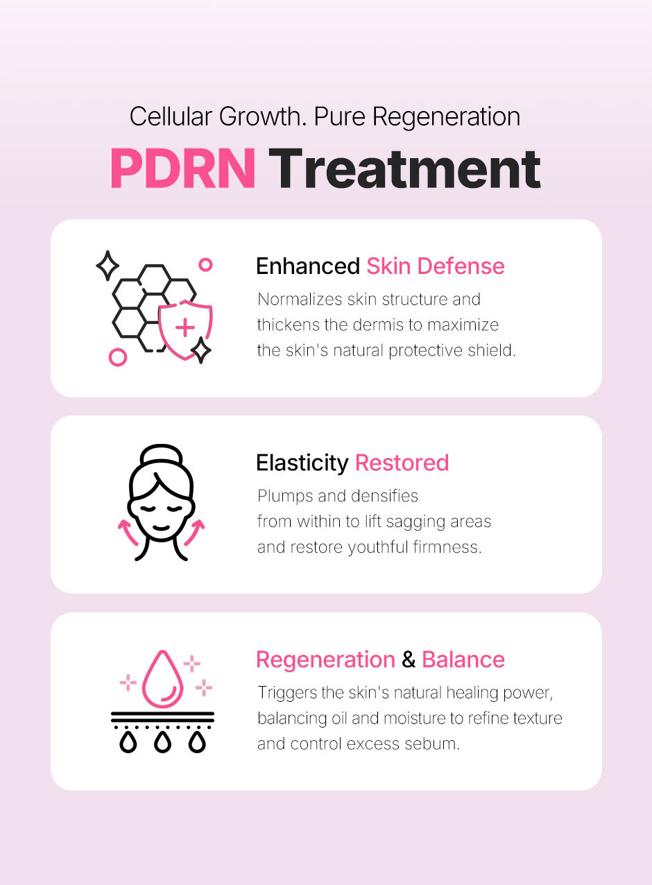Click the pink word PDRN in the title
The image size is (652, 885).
[183, 168]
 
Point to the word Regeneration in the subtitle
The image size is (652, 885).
[446, 117]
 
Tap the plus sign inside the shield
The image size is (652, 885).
[185, 327]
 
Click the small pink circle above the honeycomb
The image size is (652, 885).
[205, 265]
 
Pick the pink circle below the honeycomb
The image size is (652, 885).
[118, 357]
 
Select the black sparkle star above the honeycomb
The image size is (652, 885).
[108, 266]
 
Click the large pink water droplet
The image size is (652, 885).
[162, 679]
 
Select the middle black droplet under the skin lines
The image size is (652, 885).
[162, 742]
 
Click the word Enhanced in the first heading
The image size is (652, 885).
[308, 266]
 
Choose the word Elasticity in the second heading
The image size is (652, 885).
[302, 463]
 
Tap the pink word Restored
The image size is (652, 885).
[402, 463]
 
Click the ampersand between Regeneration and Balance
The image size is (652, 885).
[409, 660]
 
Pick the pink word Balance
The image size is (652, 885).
[463, 660]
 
